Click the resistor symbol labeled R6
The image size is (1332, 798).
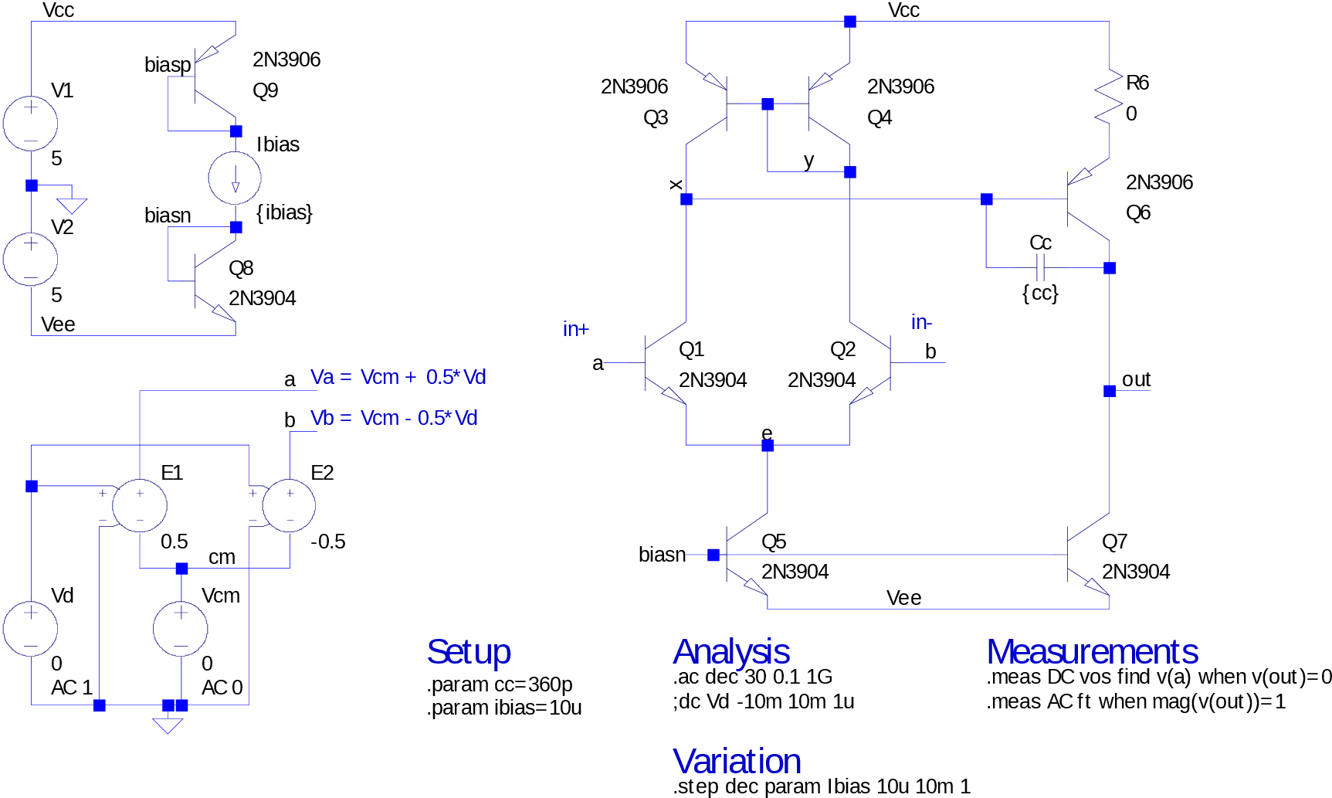pyautogui.click(x=1109, y=97)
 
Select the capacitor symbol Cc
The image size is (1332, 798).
pyautogui.click(x=1039, y=268)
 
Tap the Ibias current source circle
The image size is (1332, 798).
pyautogui.click(x=235, y=178)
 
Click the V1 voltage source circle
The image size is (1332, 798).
pyautogui.click(x=31, y=124)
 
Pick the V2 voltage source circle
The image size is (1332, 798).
pyautogui.click(x=31, y=260)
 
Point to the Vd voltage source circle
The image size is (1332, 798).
pyautogui.click(x=31, y=629)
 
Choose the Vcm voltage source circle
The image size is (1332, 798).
pyautogui.click(x=181, y=629)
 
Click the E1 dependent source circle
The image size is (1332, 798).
pyautogui.click(x=140, y=506)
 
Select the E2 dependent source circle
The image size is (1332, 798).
pyautogui.click(x=290, y=506)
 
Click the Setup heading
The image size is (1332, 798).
pyautogui.click(x=469, y=652)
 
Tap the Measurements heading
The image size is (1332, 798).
pyautogui.click(x=1092, y=652)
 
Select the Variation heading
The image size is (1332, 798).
pyautogui.click(x=737, y=762)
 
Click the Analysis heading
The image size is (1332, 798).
pyautogui.click(x=731, y=653)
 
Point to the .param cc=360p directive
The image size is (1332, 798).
pyautogui.click(x=500, y=685)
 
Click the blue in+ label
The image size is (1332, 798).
pyautogui.click(x=576, y=329)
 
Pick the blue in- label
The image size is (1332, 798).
pyautogui.click(x=921, y=322)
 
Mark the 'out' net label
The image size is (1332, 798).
pyautogui.click(x=1136, y=379)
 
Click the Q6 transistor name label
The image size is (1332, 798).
pyautogui.click(x=1138, y=212)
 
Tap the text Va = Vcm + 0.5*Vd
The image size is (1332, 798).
pyautogui.click(x=398, y=377)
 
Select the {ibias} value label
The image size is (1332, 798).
pyautogui.click(x=284, y=212)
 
